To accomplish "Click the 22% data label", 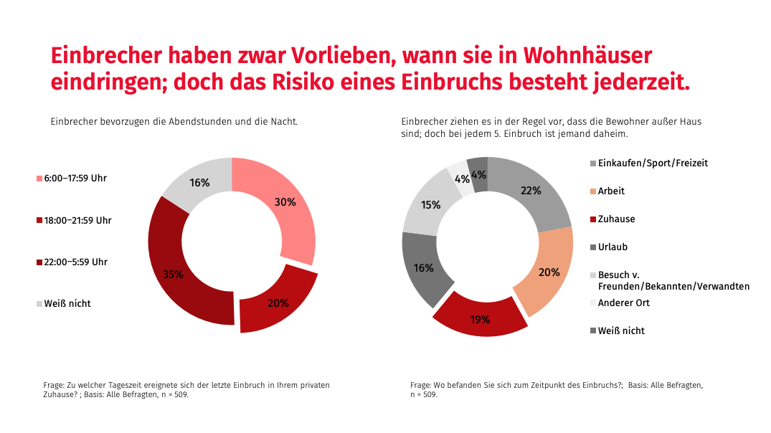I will [531, 191].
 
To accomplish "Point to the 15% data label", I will [430, 205].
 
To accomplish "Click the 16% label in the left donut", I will [199, 183].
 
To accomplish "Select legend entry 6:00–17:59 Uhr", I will [75, 178].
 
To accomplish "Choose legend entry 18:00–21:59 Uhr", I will [77, 220].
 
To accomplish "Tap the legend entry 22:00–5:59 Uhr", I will [75, 262].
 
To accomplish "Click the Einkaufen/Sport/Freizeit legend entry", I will [653, 163].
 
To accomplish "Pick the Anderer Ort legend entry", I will [623, 303].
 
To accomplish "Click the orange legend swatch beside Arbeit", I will [592, 191].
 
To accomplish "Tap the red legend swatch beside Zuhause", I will [592, 219].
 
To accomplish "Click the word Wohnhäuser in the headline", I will [587, 55].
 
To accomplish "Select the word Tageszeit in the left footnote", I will [125, 385].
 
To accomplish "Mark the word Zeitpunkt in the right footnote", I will [555, 385].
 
